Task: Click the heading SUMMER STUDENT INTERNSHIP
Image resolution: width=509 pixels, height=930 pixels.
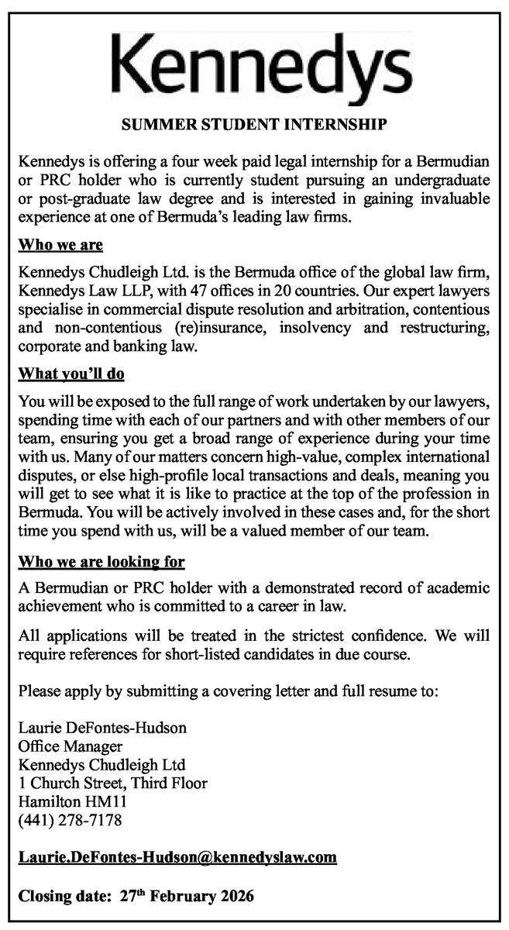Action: (254, 123)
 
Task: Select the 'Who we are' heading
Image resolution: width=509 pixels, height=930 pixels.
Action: (60, 246)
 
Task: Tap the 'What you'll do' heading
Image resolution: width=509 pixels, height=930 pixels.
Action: (71, 374)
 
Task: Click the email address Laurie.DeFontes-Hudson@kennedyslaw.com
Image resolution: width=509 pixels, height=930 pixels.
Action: (177, 856)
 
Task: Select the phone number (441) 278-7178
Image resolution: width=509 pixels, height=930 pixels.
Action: (71, 819)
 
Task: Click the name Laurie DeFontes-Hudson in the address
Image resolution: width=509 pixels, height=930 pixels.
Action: (103, 728)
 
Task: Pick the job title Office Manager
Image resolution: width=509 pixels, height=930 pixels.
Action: (71, 746)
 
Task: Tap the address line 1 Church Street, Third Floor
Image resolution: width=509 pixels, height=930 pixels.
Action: (113, 783)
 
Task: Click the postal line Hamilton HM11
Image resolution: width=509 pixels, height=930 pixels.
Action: (73, 801)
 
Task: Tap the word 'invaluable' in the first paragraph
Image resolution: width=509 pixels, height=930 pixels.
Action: (455, 199)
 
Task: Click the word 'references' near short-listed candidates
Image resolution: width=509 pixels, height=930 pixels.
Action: (101, 655)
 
